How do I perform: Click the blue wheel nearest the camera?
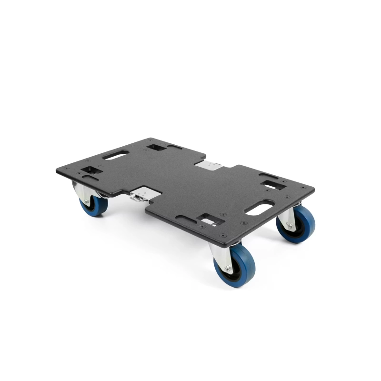[x=235, y=265]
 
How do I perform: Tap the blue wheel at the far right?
[x=296, y=224]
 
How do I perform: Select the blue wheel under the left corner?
[x=93, y=204]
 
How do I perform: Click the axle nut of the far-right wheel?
[x=290, y=227]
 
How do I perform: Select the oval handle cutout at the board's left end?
[x=115, y=155]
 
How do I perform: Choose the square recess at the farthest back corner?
[x=155, y=147]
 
